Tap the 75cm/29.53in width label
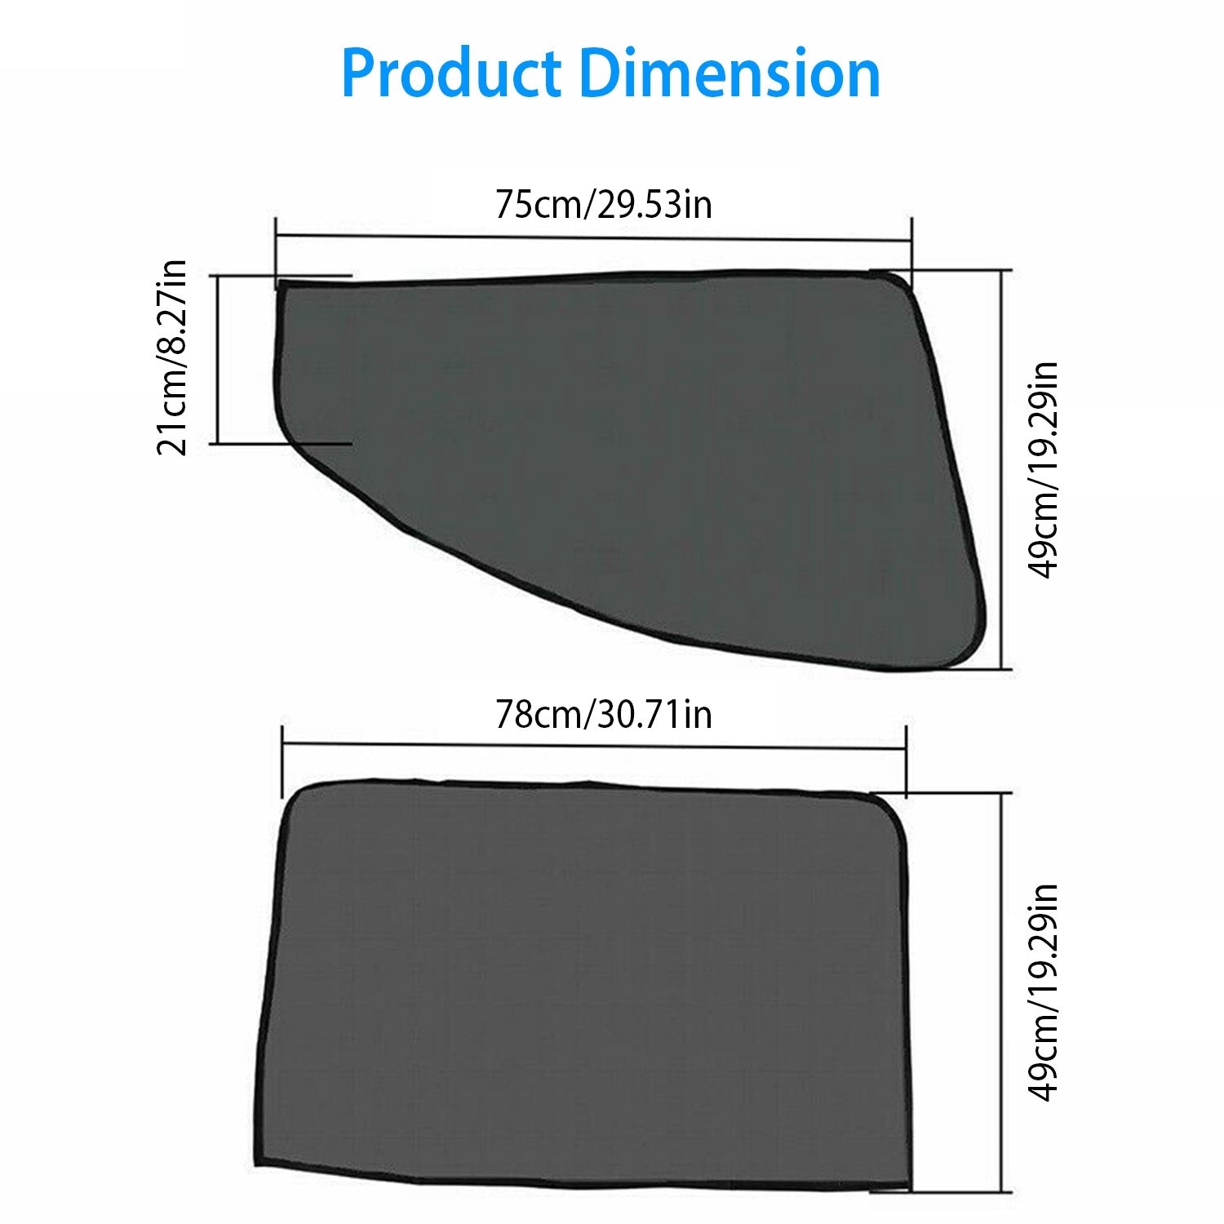pos(603,204)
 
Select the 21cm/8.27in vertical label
pos(172,357)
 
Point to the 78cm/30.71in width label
pos(603,715)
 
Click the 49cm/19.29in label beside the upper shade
pos(1043,470)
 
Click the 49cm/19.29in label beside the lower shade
pos(1043,992)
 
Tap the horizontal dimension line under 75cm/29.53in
pos(593,238)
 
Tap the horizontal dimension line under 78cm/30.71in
pos(593,746)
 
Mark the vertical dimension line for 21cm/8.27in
pos(219,359)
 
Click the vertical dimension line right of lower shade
pos(1001,991)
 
